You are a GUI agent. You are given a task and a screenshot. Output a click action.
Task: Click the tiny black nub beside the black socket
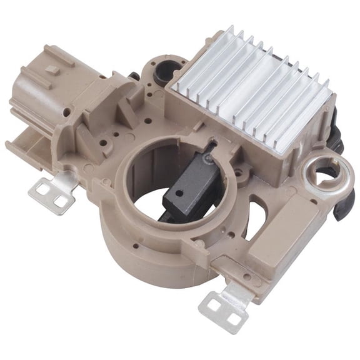coord(134,76)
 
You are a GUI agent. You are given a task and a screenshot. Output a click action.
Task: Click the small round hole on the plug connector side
coord(66,111)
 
